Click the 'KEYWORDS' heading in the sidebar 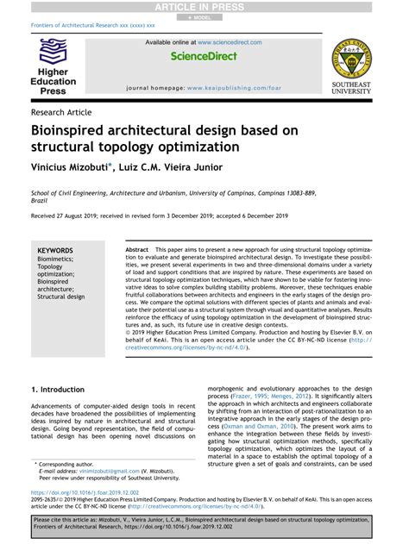pos(55,251)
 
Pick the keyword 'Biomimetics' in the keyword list pos(55,259)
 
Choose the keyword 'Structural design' pos(61,297)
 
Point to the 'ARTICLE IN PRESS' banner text pos(204,7)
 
